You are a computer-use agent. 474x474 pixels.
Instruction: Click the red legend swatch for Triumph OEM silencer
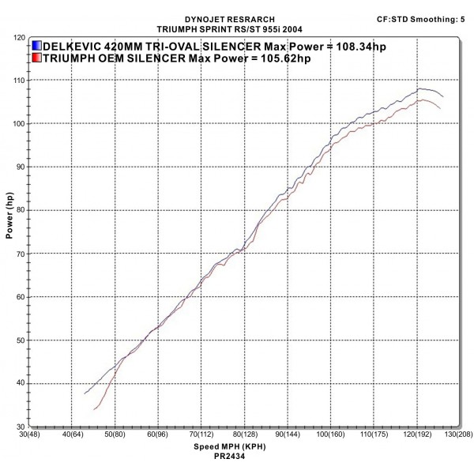(37, 58)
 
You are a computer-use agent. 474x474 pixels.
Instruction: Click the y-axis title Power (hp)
(9, 220)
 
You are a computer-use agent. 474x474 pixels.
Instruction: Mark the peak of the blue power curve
(419, 88)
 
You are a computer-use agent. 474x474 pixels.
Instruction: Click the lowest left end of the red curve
(93, 409)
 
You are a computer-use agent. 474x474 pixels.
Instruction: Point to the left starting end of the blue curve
(85, 393)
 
